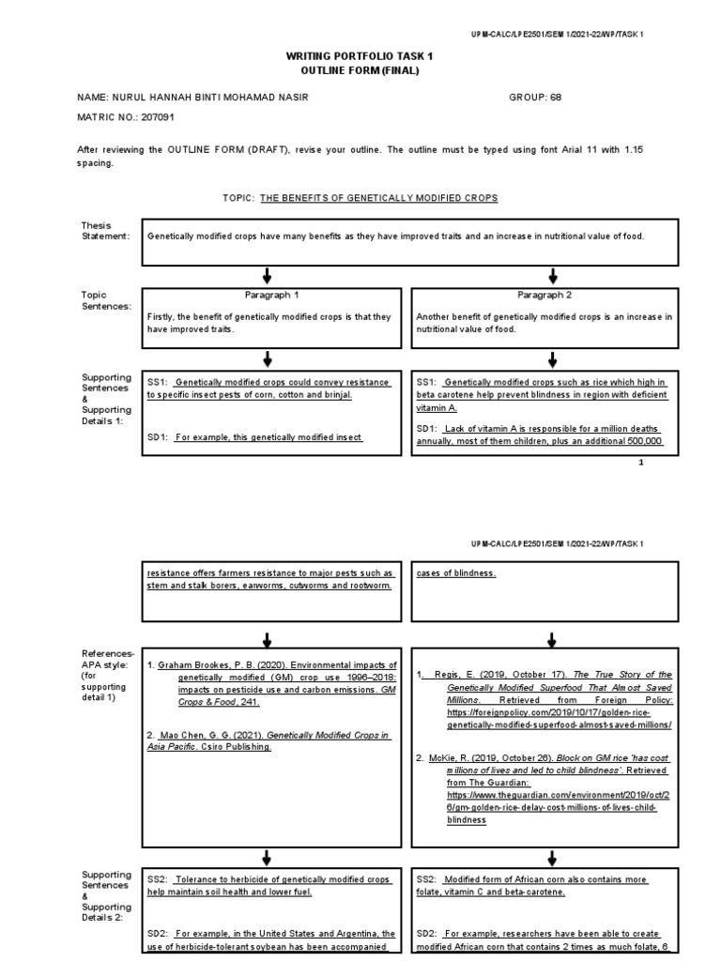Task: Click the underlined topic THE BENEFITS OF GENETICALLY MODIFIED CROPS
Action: [378, 198]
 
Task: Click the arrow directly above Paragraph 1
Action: [268, 275]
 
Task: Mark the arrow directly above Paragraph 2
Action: [552, 275]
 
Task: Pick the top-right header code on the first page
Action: [557, 33]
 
